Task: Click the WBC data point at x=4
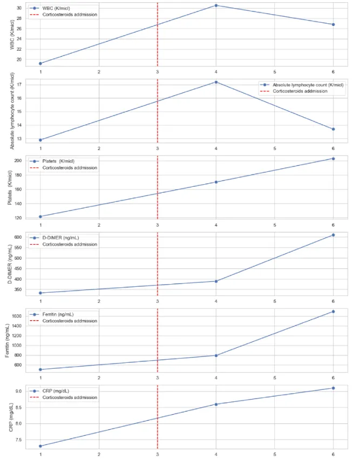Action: coord(216,5)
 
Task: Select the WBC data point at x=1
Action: coord(40,63)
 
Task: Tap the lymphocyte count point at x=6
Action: coord(333,129)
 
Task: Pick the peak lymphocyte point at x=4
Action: coord(216,82)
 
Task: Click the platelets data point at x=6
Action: coord(333,158)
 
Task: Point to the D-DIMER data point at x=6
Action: coord(333,235)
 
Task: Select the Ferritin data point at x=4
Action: coord(216,355)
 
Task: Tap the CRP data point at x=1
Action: coord(40,446)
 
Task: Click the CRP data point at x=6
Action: coord(333,388)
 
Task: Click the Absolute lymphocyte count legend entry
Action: coord(308,85)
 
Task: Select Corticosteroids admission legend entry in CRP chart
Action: coord(70,397)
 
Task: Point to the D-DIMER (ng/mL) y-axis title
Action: coord(8,264)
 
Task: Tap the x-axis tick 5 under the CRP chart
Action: coord(275,454)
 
